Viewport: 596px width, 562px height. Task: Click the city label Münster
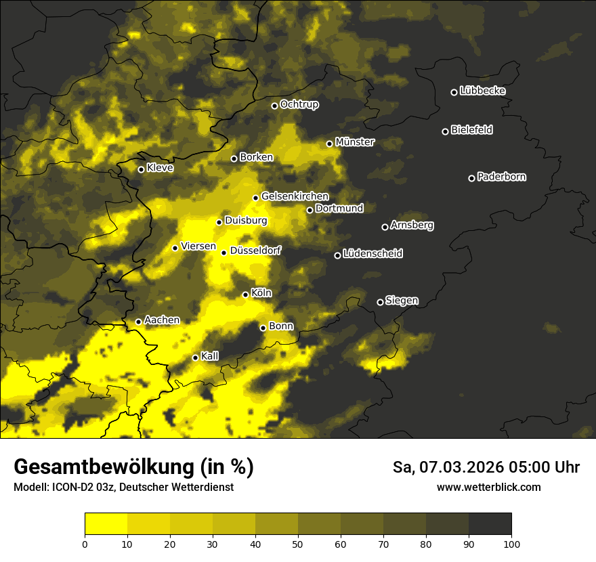[355, 142]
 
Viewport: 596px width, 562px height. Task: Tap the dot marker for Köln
[245, 295]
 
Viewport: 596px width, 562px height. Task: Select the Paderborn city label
[501, 177]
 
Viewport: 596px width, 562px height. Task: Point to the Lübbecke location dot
[454, 92]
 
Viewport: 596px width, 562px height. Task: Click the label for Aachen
[162, 320]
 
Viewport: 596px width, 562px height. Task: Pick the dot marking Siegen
[380, 302]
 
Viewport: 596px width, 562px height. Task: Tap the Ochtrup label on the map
[299, 104]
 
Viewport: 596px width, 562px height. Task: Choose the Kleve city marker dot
[141, 169]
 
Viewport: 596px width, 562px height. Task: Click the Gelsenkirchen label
[295, 196]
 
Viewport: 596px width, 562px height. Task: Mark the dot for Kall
[195, 358]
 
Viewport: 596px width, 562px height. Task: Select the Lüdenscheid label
[372, 254]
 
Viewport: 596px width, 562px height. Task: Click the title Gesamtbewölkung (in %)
[133, 467]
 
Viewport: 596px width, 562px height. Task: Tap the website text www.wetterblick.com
[488, 487]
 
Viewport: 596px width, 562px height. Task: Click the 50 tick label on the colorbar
[298, 543]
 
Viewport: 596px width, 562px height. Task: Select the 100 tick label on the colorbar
[511, 543]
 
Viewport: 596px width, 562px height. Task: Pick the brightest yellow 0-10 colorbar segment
[106, 523]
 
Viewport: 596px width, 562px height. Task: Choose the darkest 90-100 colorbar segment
[490, 523]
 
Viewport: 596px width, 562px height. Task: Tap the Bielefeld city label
[471, 130]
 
